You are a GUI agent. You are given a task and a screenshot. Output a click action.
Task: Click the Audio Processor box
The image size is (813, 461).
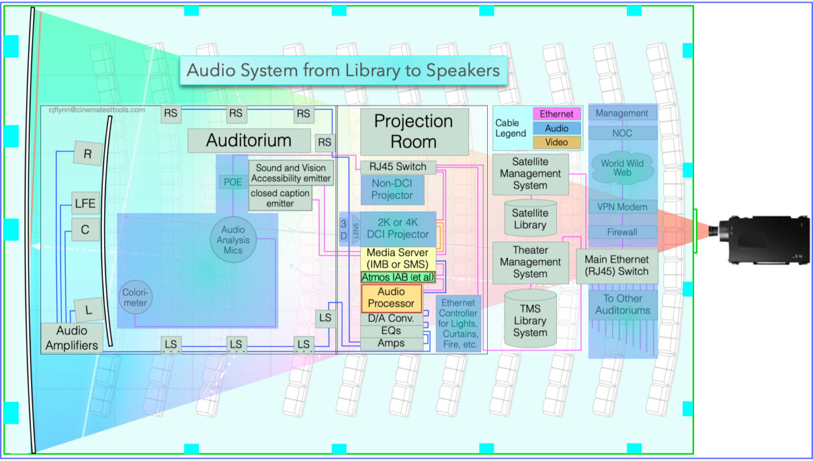[x=392, y=298]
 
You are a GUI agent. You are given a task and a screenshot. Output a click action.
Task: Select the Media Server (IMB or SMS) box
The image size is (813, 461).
[x=397, y=258]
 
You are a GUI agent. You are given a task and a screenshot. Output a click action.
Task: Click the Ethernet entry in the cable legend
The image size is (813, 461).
[x=556, y=114]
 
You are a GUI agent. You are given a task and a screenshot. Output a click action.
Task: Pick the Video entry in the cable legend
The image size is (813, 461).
[x=556, y=142]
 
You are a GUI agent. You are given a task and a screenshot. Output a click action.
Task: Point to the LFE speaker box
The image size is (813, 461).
[x=85, y=204]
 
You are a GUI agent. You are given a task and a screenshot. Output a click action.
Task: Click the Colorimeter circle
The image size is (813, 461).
[x=135, y=297]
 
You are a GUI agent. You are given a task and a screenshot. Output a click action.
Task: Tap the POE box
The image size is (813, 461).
[x=232, y=182]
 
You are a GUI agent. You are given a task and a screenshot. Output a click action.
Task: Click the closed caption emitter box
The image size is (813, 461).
[x=280, y=197]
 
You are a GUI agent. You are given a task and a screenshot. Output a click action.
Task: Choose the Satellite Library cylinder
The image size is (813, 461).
[x=529, y=219]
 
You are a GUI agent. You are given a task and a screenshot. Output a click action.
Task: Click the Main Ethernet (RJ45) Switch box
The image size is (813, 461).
[x=617, y=265]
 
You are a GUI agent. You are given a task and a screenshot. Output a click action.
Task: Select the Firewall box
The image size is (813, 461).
[x=622, y=232]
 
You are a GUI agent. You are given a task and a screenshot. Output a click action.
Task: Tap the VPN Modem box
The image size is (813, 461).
[x=622, y=207]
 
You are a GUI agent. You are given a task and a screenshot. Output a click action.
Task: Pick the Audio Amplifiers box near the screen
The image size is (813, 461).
[x=72, y=338]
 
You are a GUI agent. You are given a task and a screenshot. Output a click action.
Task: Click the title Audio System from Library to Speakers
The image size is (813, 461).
[x=343, y=70]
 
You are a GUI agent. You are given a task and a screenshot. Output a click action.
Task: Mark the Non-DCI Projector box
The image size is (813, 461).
[x=392, y=189]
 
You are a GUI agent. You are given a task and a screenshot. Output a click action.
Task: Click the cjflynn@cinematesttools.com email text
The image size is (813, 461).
[x=97, y=110]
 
